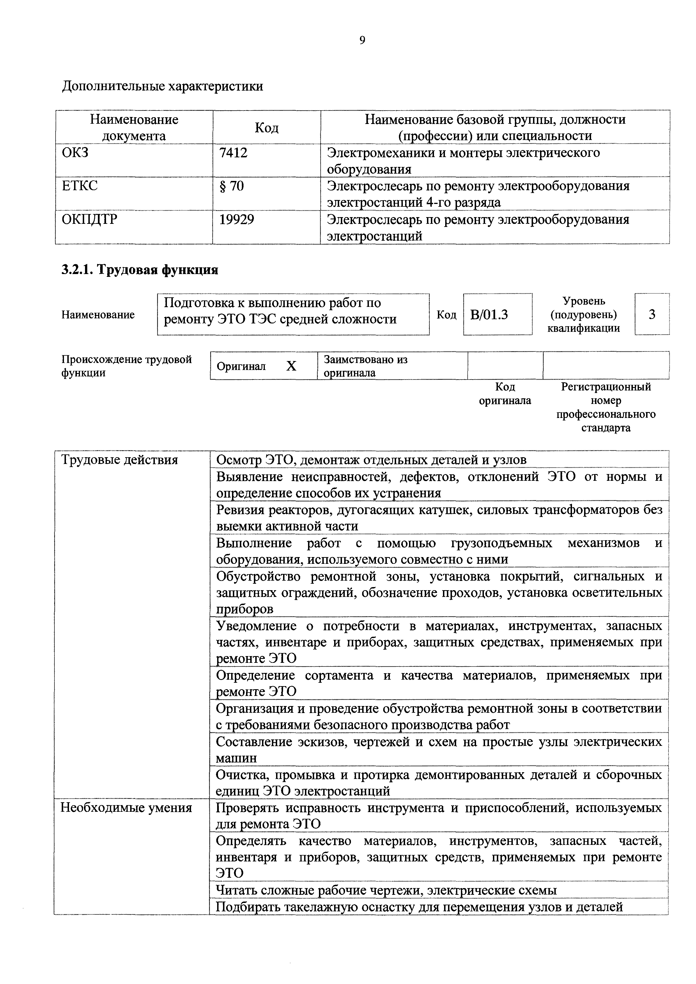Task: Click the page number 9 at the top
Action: point(362,40)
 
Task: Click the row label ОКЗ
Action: point(75,153)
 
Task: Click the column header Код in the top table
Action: point(266,127)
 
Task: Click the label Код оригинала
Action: point(505,394)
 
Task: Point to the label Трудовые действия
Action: point(120,460)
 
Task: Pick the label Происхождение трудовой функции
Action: point(127,365)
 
